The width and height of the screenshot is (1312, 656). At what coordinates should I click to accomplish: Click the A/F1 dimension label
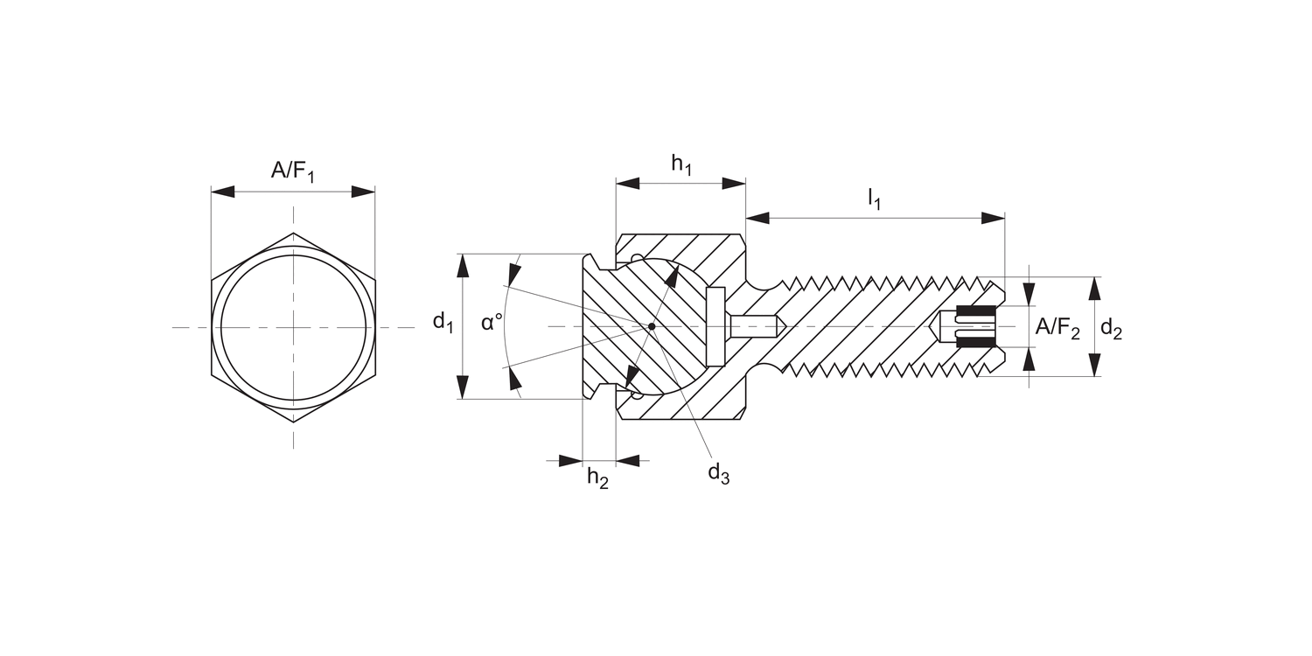292,171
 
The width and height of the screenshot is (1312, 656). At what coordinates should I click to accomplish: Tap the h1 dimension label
681,164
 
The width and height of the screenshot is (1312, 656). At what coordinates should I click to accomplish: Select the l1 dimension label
875,199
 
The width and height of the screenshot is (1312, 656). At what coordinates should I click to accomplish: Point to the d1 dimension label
443,323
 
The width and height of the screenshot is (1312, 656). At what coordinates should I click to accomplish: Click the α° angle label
492,322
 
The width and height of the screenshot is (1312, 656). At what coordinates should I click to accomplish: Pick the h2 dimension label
597,478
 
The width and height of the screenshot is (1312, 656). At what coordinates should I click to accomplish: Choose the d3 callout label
719,473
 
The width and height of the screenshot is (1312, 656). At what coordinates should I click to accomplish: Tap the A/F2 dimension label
1057,328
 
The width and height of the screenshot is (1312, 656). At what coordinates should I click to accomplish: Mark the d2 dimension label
1111,329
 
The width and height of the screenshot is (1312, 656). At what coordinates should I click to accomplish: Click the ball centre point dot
651,326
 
